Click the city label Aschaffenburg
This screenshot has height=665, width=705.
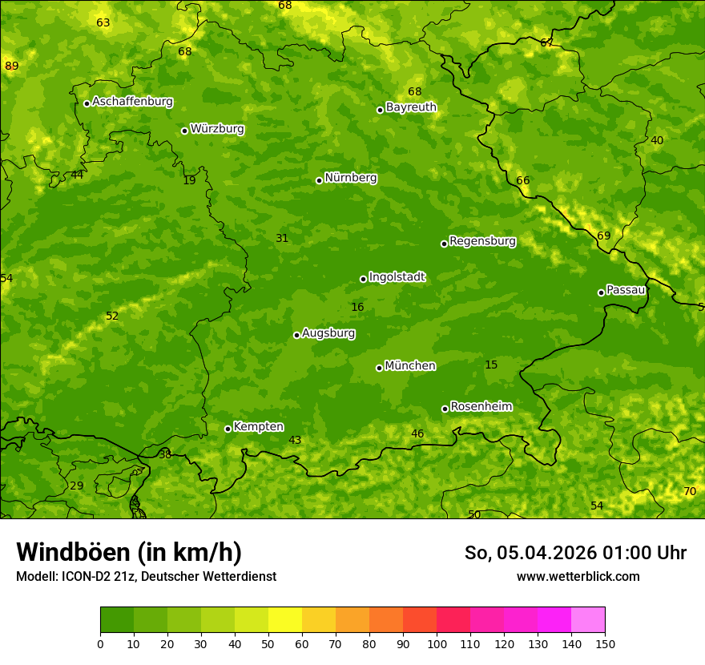132,102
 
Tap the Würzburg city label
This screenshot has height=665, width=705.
217,129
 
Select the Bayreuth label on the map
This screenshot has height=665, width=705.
411,107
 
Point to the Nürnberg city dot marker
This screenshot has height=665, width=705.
319,180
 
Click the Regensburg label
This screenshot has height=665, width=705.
482,241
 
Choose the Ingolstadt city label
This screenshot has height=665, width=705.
397,277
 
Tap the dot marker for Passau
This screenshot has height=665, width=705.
601,292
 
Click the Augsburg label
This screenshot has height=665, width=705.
328,333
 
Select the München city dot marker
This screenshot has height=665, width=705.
379,368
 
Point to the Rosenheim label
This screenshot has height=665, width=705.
481,407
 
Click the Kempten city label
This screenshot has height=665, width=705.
258,427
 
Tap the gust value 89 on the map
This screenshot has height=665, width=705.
11,66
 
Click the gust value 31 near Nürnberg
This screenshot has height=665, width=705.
282,238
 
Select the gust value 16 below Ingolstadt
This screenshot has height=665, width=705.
357,307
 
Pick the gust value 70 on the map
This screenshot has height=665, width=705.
689,491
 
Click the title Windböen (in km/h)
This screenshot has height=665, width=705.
129,552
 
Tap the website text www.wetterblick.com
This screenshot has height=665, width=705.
578,576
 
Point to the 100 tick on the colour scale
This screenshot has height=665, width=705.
437,643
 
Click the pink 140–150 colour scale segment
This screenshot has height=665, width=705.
588,619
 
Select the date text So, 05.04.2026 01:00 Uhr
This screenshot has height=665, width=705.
575,553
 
